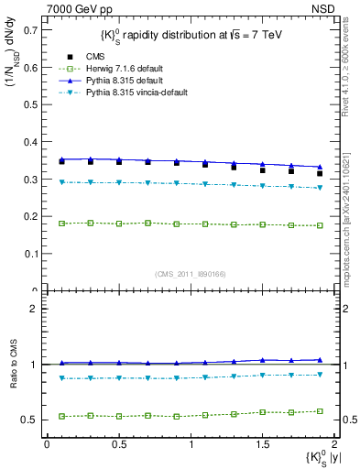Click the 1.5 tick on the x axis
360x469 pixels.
click(x=262, y=444)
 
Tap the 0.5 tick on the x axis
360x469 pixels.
click(x=118, y=444)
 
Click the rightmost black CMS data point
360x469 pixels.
click(x=320, y=173)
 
